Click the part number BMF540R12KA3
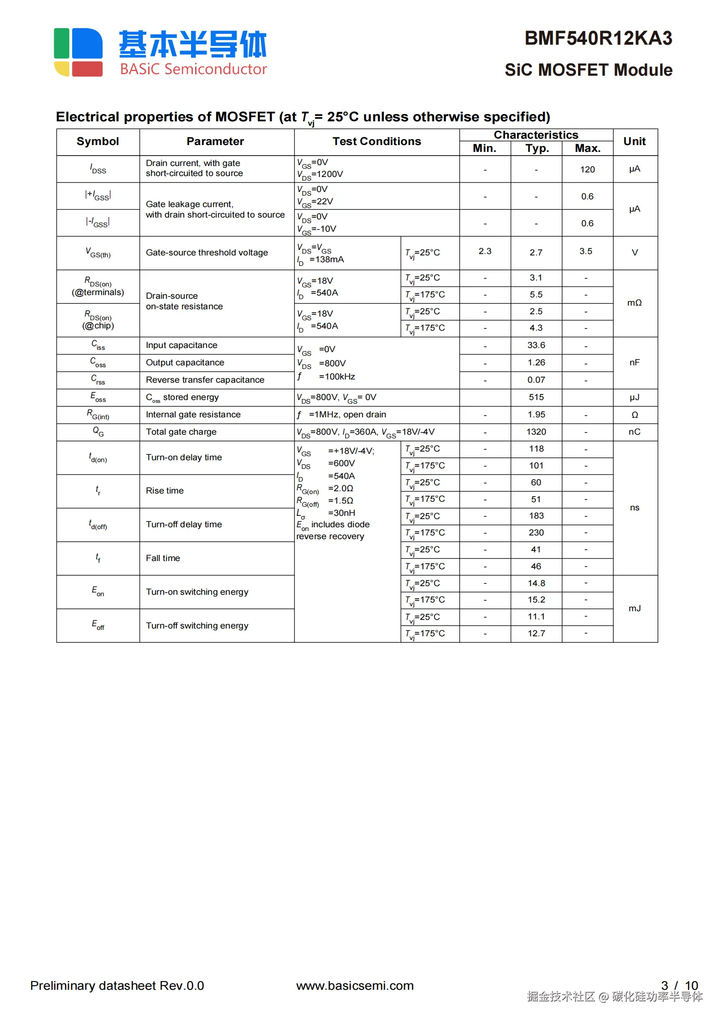pos(598,39)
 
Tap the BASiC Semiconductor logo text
pos(193,69)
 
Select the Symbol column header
pos(98,142)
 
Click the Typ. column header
pos(537,149)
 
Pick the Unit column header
pos(634,142)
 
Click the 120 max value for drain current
pos(587,170)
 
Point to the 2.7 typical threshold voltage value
pos(536,253)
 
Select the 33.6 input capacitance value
pos(536,345)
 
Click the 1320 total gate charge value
pos(536,432)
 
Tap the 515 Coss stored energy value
pos(536,397)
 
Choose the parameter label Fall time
pos(163,558)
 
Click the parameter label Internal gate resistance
pos(193,415)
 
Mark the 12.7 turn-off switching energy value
pos(536,634)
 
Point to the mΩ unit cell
pos(634,303)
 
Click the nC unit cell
pos(634,432)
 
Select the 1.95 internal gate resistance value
pos(536,415)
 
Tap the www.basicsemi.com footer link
pos(355,986)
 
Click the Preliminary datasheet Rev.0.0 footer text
pos(117,986)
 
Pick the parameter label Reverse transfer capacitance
pos(205,380)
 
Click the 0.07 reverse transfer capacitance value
pos(536,380)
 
